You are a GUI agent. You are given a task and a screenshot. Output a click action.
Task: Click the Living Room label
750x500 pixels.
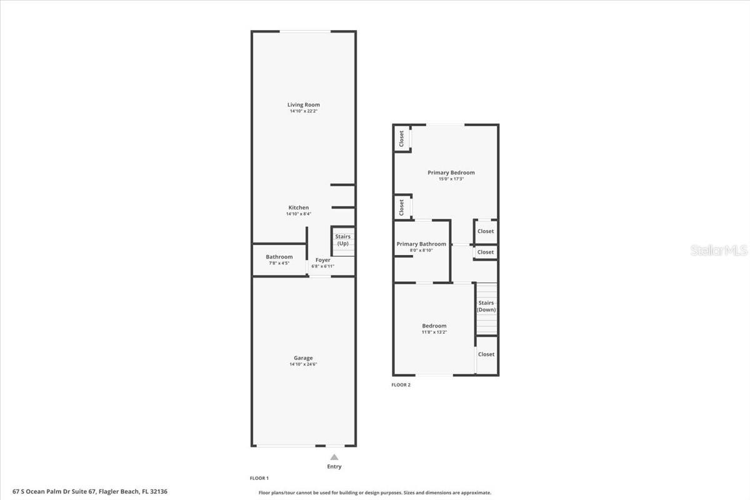coord(304,105)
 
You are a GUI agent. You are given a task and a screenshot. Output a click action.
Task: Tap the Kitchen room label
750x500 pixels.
coord(298,207)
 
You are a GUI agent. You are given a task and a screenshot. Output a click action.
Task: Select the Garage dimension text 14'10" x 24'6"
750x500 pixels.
coord(304,364)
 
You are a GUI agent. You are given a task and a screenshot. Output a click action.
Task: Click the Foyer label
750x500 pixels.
coord(322,260)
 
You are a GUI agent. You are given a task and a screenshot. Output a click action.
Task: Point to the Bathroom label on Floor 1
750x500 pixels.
coord(279,257)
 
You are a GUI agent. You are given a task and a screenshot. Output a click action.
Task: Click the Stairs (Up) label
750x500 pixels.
coord(342,240)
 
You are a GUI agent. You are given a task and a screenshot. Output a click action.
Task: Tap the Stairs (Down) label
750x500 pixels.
coord(486,306)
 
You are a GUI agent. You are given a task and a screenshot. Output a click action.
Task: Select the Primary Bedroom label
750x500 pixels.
coord(451,172)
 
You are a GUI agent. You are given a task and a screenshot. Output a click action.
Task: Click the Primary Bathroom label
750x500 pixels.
coord(421,244)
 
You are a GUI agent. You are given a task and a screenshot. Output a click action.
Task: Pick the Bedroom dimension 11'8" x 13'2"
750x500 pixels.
coord(434,332)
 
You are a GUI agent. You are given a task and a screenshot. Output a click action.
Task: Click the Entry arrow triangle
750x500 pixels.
coord(334,457)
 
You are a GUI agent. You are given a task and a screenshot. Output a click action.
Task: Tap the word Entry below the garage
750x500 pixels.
coord(334,467)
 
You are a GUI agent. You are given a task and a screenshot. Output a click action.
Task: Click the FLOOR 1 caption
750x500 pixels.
coord(259,478)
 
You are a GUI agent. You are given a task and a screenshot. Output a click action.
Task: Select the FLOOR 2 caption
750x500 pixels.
coord(401,385)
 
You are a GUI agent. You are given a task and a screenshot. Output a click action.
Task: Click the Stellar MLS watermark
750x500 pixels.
coord(719,251)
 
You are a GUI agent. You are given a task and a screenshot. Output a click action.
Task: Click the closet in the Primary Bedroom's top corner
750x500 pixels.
coord(401,138)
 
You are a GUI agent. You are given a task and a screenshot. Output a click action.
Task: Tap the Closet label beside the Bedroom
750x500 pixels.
coord(486,354)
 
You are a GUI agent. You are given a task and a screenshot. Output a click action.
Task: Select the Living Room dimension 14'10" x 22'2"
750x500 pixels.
coord(304,111)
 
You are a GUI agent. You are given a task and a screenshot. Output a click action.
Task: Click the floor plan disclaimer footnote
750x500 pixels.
coord(374,492)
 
